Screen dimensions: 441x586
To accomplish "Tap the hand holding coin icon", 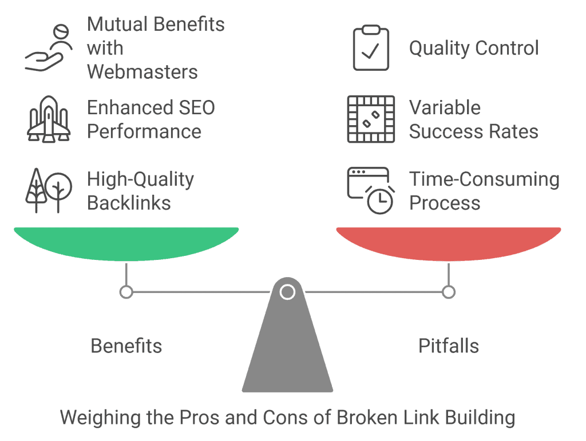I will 48,49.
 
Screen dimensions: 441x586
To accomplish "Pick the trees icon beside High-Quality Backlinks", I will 49,190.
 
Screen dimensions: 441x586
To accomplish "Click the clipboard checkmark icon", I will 371,48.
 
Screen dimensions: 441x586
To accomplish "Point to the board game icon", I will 371,119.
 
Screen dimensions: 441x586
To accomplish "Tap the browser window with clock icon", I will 371,190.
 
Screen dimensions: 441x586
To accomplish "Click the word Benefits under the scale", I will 126,346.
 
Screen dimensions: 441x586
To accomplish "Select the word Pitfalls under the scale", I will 449,346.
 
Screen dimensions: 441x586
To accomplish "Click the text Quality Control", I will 474,48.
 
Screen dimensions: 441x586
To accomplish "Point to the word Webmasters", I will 142,73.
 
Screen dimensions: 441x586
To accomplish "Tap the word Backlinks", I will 129,203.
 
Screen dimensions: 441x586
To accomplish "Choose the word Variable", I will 445,107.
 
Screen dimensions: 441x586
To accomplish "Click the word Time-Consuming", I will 484,179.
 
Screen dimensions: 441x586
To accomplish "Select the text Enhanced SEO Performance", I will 151,119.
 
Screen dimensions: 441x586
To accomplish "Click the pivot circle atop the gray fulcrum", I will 287,292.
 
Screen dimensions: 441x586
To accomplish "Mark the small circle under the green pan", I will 126,292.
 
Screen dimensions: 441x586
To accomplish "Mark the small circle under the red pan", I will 449,292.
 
